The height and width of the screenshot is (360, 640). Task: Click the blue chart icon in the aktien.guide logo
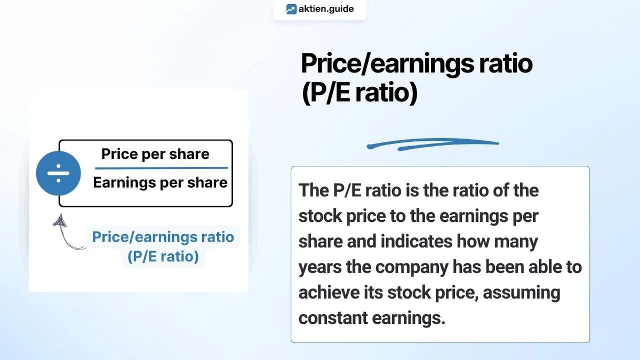[x=291, y=9]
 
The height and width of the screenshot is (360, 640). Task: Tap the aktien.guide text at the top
[x=326, y=9]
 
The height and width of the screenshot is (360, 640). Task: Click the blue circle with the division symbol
[x=58, y=173]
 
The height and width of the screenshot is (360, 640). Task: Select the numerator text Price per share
[x=155, y=154]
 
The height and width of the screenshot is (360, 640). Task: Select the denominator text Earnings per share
[x=160, y=183]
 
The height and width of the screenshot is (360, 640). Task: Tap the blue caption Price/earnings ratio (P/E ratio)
[x=163, y=246]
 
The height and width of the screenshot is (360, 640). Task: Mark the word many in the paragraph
[x=515, y=241]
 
